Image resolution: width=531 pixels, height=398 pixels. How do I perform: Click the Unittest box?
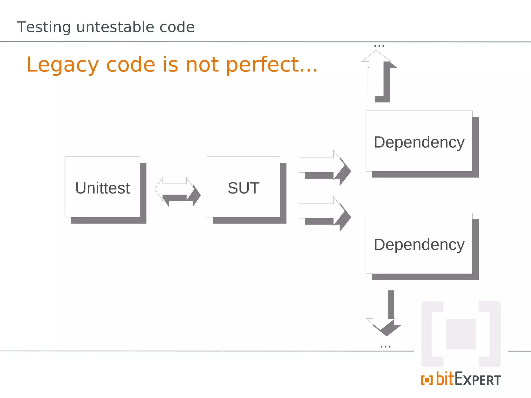pyautogui.click(x=102, y=187)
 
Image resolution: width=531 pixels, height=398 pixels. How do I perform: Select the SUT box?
pyautogui.click(x=243, y=187)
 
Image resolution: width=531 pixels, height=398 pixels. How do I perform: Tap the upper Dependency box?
pyautogui.click(x=419, y=141)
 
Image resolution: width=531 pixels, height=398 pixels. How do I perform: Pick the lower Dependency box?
pyautogui.click(x=419, y=244)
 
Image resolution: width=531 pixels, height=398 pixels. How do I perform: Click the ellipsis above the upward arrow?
pyautogui.click(x=379, y=46)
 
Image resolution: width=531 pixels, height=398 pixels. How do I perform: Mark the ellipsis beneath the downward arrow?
pyautogui.click(x=385, y=346)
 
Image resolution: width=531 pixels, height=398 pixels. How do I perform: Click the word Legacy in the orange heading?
pyautogui.click(x=62, y=65)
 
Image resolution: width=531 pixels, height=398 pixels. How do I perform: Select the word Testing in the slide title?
pyautogui.click(x=44, y=27)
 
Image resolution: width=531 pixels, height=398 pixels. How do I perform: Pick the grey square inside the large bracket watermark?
pyautogui.click(x=461, y=334)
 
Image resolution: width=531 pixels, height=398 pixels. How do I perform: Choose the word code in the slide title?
pyautogui.click(x=177, y=27)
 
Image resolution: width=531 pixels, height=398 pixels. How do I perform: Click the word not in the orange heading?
pyautogui.click(x=202, y=65)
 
